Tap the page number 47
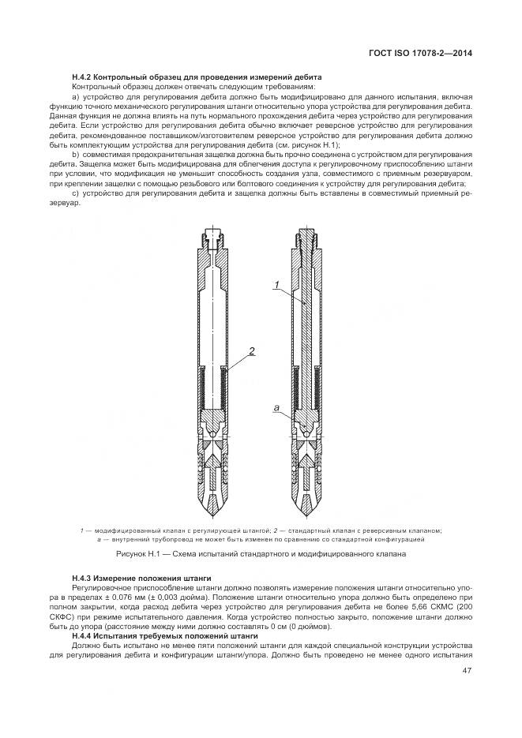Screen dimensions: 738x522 [x=466, y=671]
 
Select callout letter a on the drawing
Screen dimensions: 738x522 [x=276, y=407]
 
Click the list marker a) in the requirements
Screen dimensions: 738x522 [x=76, y=96]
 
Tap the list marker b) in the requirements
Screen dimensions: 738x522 [x=76, y=154]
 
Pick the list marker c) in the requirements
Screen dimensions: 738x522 [x=76, y=193]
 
